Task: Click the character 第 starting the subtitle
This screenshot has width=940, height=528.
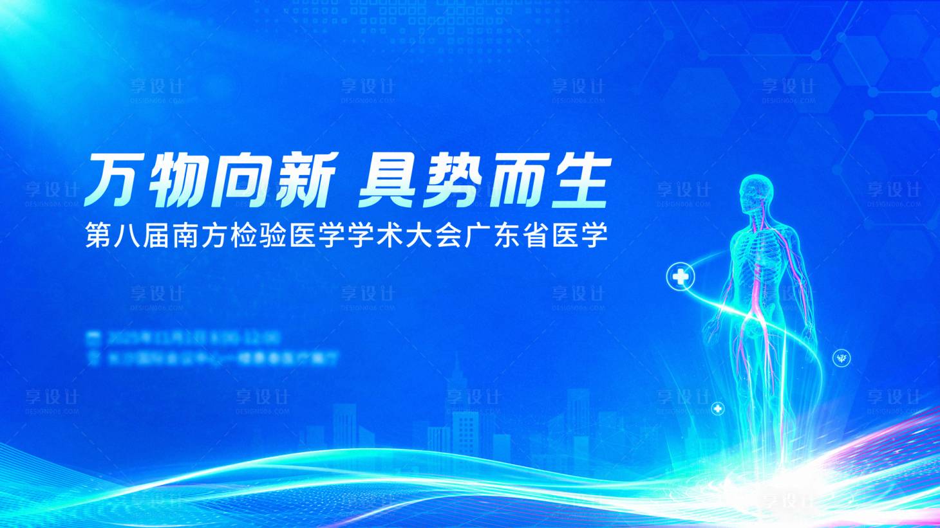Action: point(99,236)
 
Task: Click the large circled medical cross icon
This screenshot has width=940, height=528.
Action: point(681,277)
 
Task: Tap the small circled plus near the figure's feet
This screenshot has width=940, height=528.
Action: point(717,408)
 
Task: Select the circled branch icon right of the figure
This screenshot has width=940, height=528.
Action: point(841,358)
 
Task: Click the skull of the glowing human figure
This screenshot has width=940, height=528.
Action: point(756,192)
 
